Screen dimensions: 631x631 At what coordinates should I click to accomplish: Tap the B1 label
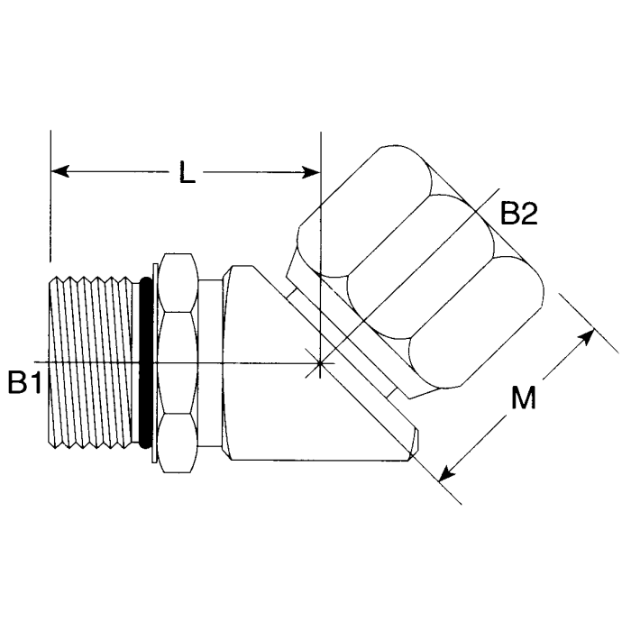25,382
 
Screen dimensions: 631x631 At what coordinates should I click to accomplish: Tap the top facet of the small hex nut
177,283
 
